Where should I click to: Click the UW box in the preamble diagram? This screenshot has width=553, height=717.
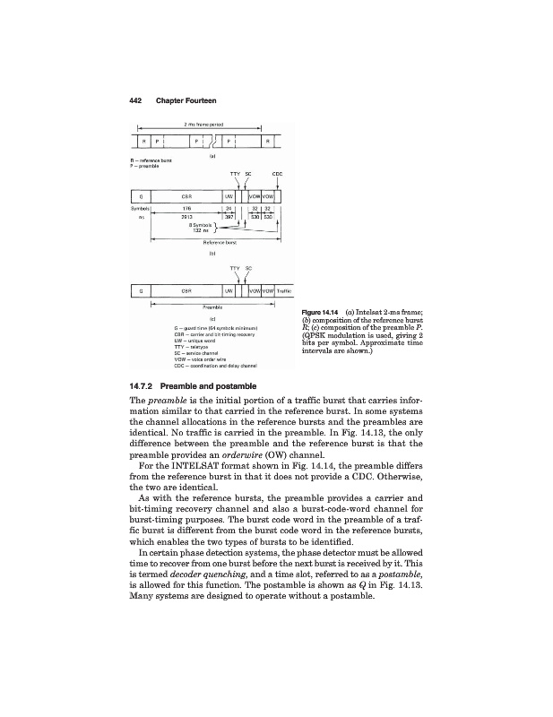[x=229, y=289]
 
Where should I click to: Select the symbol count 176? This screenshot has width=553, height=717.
[x=186, y=208]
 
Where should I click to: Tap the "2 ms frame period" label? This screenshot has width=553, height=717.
[x=203, y=123]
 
